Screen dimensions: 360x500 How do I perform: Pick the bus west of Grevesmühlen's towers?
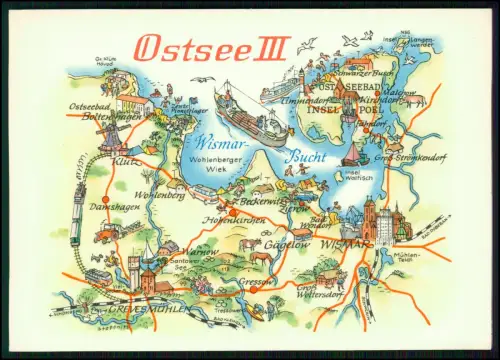97,275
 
